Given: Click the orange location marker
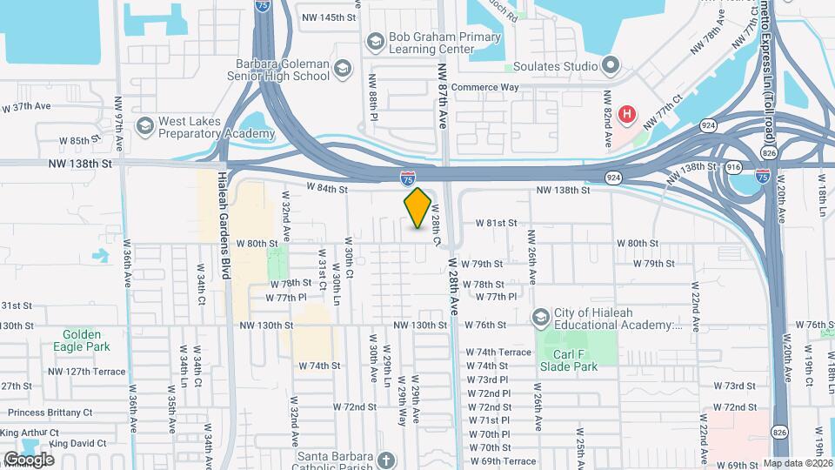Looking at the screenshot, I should coord(417,208).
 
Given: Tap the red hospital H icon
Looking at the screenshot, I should coord(626,114).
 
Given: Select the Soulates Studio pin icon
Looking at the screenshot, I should coord(610,64).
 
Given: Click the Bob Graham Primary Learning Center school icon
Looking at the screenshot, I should coord(375,41).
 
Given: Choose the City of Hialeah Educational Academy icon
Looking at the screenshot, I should coord(541,316).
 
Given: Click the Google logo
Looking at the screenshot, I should coord(29,459).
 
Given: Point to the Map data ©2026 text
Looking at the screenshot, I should coord(797,464).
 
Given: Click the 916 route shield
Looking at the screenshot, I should coord(732,166).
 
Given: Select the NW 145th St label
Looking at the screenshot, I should coord(329,17).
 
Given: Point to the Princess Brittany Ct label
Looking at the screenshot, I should coord(50,413).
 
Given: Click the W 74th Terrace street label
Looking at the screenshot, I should coord(498,352).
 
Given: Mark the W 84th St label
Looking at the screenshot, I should coord(326,189).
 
